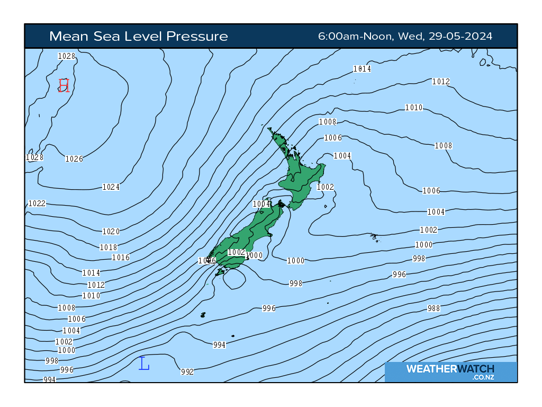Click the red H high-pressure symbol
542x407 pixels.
(x=64, y=85)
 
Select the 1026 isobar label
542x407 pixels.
(x=74, y=159)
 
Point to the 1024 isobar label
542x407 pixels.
(x=111, y=187)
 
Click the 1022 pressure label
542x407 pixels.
(x=37, y=203)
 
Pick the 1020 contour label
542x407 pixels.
(x=111, y=232)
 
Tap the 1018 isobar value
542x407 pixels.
(x=109, y=247)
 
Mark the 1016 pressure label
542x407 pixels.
(x=121, y=258)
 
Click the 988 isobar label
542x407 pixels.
(x=433, y=308)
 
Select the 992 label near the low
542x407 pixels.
(x=187, y=372)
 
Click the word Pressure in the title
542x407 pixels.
(x=197, y=36)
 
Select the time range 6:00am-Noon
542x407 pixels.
(x=355, y=36)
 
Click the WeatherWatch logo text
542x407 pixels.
(x=450, y=369)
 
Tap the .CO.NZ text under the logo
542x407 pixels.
(x=483, y=377)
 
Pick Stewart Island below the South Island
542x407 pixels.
(x=219, y=272)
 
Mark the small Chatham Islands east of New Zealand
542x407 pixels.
(x=375, y=237)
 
